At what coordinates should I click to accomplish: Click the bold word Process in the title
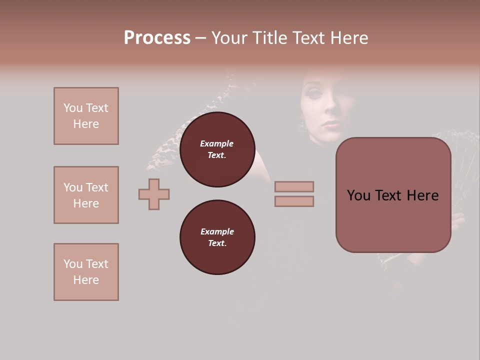157,38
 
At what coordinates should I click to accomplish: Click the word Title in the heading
268,38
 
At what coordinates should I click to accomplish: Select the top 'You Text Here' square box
86,116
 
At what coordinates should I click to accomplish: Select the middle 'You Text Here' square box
86,195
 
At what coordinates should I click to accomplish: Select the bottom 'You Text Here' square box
86,272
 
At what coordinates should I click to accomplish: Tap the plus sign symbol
154,194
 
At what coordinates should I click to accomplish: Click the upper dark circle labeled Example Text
217,149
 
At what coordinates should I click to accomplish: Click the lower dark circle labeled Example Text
217,237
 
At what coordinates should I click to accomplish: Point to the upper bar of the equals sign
294,186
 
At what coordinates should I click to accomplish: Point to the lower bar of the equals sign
294,201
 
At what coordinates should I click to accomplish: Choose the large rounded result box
393,195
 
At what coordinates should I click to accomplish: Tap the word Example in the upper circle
217,143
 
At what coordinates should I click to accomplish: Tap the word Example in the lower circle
217,231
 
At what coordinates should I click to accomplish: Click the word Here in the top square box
86,124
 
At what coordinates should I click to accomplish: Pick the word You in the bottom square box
73,264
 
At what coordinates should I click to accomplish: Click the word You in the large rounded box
358,195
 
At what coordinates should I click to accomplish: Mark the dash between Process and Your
200,38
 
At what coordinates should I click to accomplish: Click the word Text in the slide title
308,38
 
